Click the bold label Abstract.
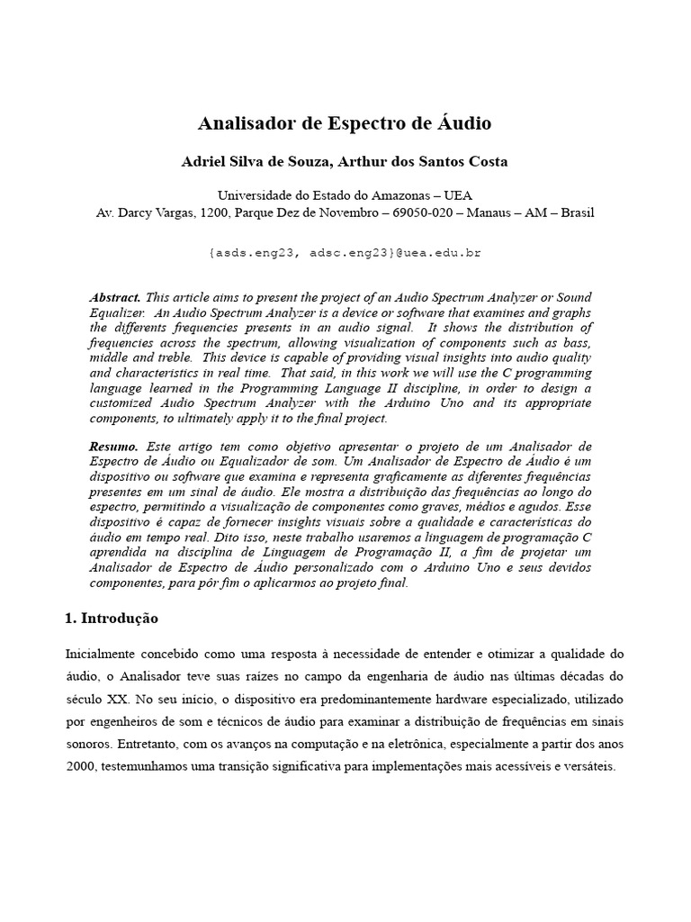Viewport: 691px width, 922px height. (114, 297)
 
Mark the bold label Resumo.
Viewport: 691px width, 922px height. (113, 447)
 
